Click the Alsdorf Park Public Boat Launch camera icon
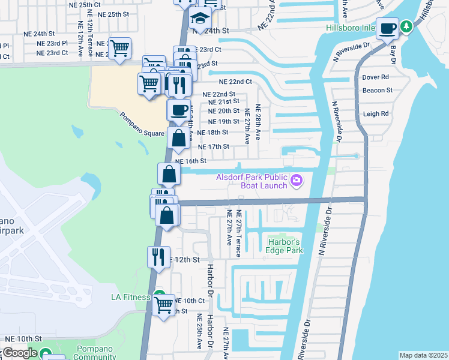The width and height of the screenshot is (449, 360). click(296, 180)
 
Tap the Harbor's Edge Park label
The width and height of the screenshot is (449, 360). click(285, 246)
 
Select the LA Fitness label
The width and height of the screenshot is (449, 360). click(129, 297)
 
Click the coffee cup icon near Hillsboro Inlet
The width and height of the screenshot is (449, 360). click(388, 28)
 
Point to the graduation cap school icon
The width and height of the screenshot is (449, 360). click(199, 18)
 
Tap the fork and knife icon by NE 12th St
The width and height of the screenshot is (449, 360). click(158, 257)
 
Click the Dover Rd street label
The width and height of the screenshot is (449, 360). click(376, 77)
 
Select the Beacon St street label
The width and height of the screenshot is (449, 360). click(377, 91)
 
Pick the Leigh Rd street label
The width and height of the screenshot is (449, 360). click(376, 113)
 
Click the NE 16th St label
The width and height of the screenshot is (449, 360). click(191, 161)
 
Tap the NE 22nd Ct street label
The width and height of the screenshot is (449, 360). click(235, 82)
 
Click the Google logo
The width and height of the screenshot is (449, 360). click(19, 353)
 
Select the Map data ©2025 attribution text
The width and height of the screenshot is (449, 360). click(423, 355)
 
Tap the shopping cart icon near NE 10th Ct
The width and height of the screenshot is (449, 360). click(163, 305)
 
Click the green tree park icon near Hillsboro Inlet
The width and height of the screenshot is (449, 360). click(407, 26)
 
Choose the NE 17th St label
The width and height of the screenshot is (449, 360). click(214, 146)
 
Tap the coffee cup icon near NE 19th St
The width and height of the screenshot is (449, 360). click(178, 110)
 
